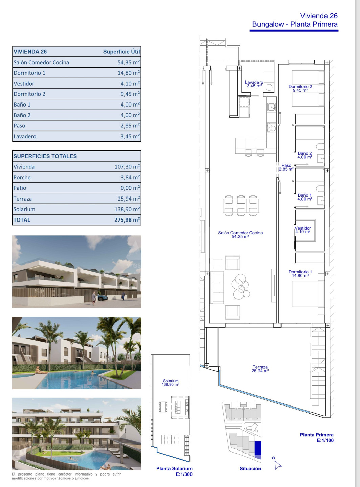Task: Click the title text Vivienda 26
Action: tap(319, 16)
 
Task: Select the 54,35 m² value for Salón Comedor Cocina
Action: tap(129, 62)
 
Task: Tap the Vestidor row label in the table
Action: tap(24, 84)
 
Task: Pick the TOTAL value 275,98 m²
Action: tap(127, 220)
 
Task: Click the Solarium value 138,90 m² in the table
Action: tap(127, 209)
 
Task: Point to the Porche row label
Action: tap(22, 177)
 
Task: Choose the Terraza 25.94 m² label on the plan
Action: tap(260, 369)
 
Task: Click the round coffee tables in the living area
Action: tap(241, 286)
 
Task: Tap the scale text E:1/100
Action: tap(325, 440)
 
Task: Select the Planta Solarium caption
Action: tap(174, 468)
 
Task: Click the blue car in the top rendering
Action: tap(103, 298)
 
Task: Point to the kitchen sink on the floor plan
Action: tap(271, 107)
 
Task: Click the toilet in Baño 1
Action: tap(320, 189)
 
